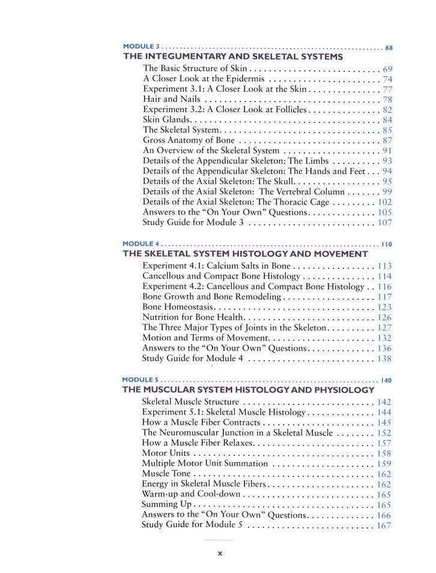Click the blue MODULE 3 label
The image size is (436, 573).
[141, 46]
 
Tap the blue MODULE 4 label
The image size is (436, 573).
[141, 244]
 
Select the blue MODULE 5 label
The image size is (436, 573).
[141, 380]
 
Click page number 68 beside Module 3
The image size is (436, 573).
[389, 47]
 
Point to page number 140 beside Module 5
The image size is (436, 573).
[386, 380]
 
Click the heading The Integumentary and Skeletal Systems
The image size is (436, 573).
[233, 57]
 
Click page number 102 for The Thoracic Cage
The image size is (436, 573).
[385, 202]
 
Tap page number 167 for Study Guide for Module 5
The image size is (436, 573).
[384, 526]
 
